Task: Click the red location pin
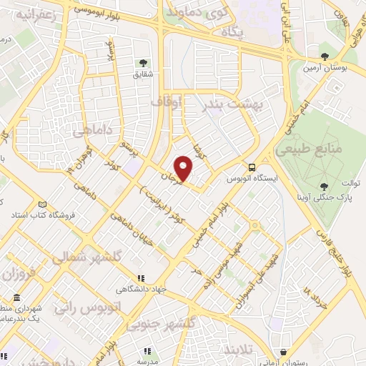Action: [x=184, y=169]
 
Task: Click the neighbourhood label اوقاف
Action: [x=167, y=103]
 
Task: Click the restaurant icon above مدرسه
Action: [x=147, y=350]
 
